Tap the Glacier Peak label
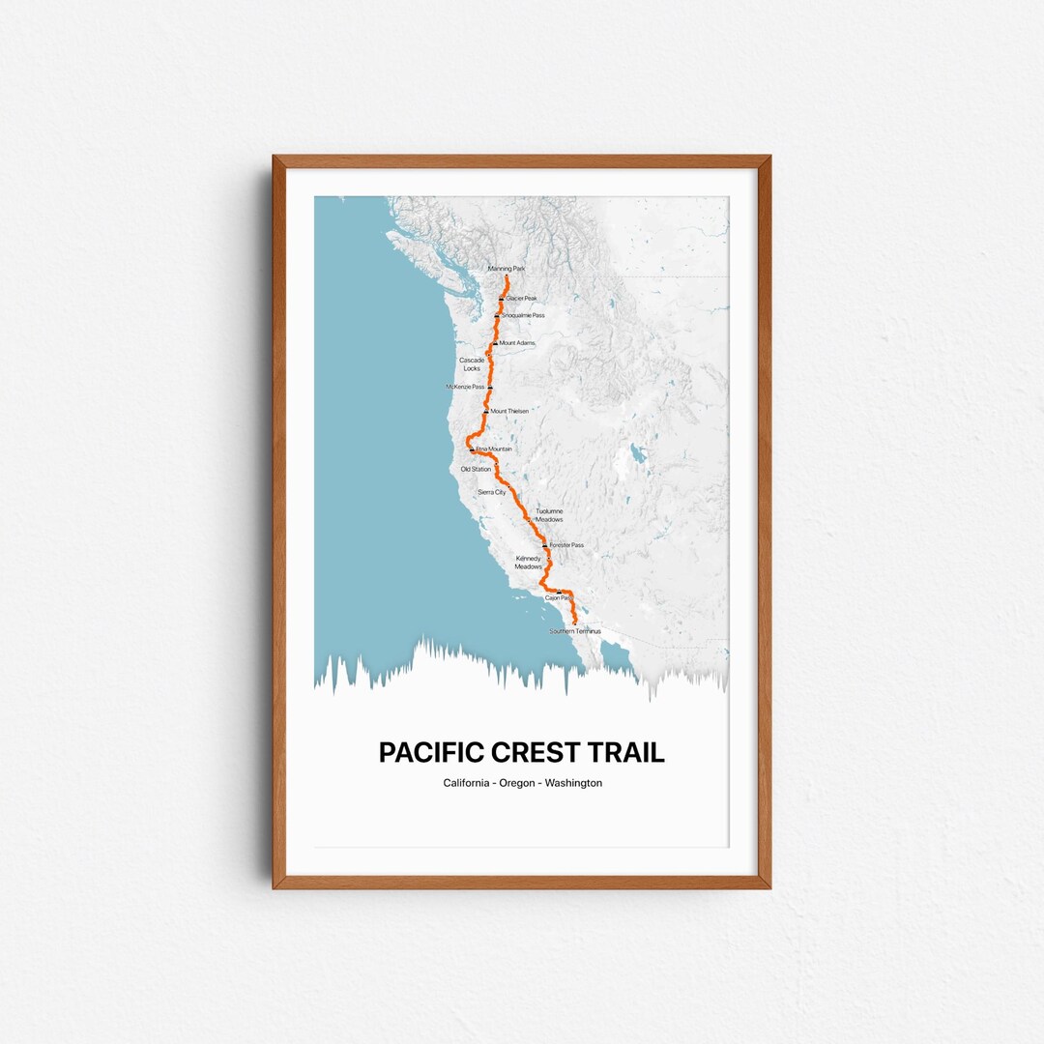pos(521,299)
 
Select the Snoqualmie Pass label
pos(523,316)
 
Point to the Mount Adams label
pos(517,343)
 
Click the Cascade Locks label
pos(472,364)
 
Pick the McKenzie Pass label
pos(465,387)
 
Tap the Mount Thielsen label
pos(509,412)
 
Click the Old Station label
pos(476,470)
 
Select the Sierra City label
pos(492,493)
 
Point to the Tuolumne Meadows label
pos(549,515)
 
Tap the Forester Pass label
pos(566,545)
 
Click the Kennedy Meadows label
pos(529,563)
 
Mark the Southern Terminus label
pos(575,631)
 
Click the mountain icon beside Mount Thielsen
pos(486,412)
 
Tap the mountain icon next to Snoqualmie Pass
pos(497,316)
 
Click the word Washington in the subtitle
pos(573,783)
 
